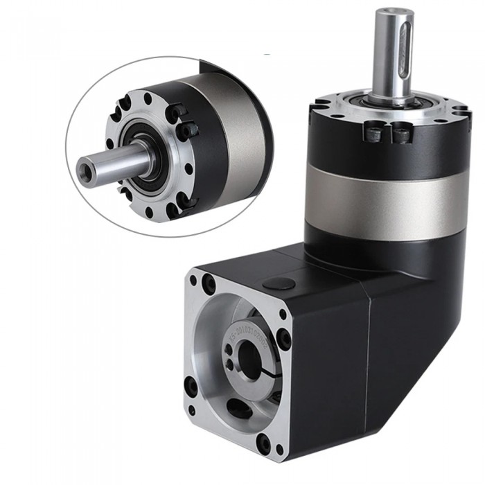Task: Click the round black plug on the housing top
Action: click(279, 283)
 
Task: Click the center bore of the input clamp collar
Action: click(248, 360)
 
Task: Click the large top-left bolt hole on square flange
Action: click(209, 283)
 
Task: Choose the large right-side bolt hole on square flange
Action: click(284, 339)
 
